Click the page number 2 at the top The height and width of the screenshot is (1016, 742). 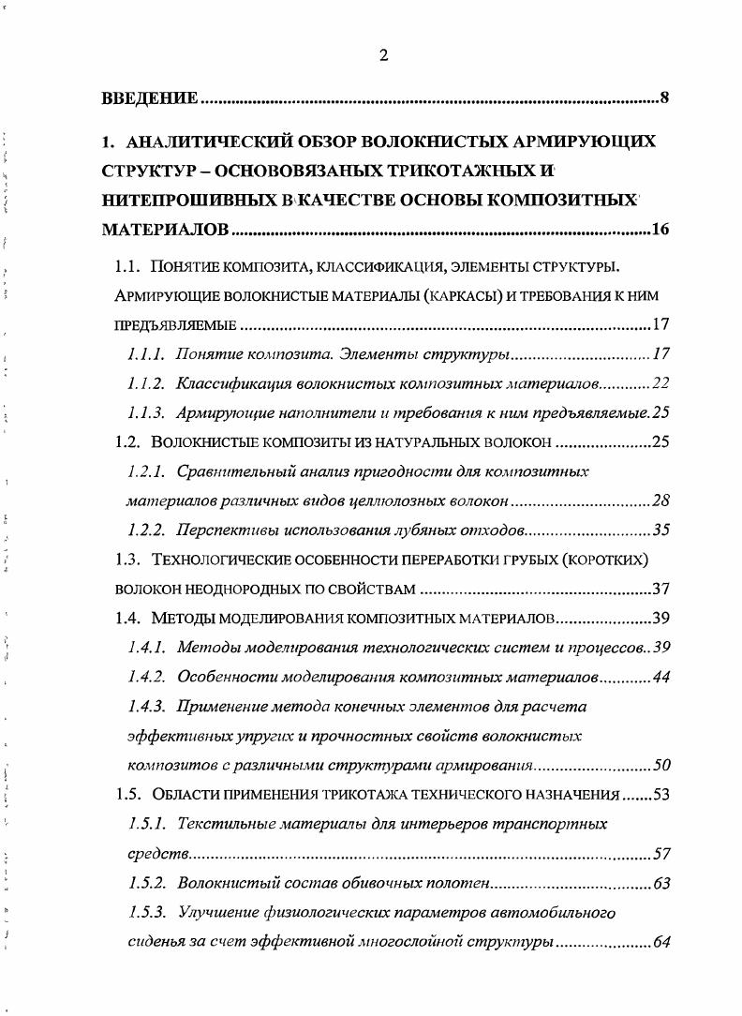coord(383,55)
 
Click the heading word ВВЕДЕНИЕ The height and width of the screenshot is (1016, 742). coord(150,98)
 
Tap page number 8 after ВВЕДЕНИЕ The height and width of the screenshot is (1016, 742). coord(663,97)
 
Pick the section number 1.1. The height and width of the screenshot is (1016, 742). coord(127,267)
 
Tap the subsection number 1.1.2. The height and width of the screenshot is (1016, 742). coord(146,383)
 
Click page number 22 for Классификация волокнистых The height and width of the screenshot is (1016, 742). coord(660,383)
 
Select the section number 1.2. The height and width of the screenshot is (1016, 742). coord(127,441)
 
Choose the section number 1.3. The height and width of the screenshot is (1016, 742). coord(127,560)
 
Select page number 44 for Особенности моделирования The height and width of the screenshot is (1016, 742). coord(660,677)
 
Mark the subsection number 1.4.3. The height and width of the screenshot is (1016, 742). coord(146,707)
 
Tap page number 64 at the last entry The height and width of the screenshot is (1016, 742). coord(660,941)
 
